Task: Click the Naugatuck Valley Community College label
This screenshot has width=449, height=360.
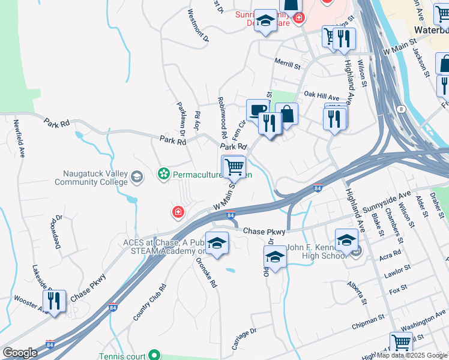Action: pos(95,178)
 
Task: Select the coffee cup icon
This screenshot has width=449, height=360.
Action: pos(258,110)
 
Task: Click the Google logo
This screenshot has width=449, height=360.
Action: pos(20,353)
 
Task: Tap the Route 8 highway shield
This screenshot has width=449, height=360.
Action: pos(400,108)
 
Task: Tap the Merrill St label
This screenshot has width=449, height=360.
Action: pos(286,64)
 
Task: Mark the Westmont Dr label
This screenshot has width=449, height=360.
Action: pos(197,25)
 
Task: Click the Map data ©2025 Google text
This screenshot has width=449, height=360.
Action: pos(412,355)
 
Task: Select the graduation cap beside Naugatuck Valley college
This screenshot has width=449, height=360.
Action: pos(137,176)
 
